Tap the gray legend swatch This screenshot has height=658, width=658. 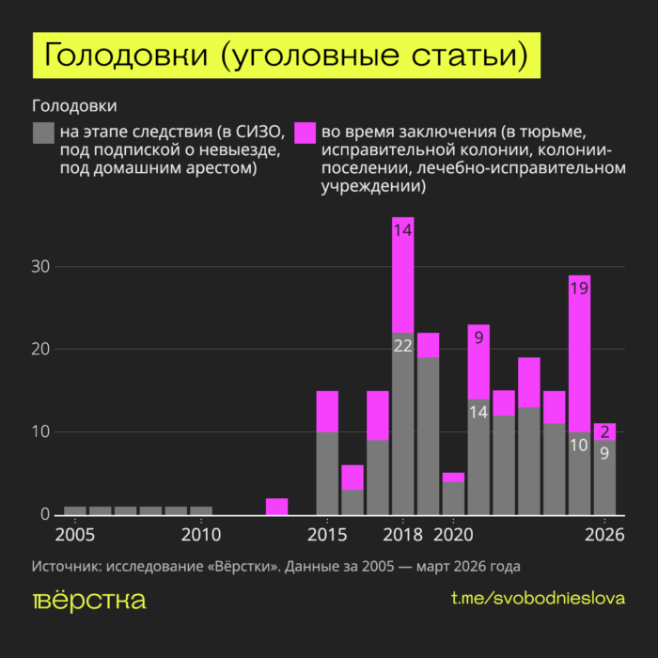tap(43, 133)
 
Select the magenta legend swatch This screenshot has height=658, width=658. tap(305, 133)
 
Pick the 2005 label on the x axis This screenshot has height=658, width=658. tap(74, 536)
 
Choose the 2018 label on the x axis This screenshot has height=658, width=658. tap(402, 536)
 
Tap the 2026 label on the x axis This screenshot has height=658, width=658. tap(605, 536)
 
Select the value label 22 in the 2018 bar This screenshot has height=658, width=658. tap(402, 346)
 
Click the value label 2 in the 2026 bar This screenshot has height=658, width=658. tap(605, 432)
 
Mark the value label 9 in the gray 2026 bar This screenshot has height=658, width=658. tap(605, 453)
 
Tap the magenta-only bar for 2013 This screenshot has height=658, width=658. tap(276, 507)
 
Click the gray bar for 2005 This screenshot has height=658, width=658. tap(75, 510)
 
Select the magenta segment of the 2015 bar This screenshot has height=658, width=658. tap(327, 411)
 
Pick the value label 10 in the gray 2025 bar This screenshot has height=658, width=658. tap(579, 446)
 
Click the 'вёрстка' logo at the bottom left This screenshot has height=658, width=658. tap(89, 601)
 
